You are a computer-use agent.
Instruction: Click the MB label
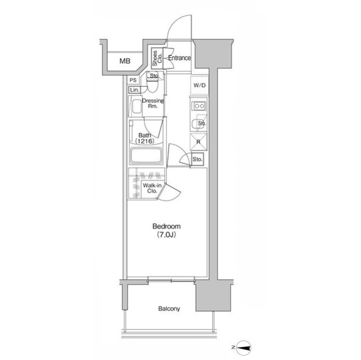pos(125,61)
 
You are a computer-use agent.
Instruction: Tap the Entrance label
pos(179,58)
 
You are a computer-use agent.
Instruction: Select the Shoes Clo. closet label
pos(157,58)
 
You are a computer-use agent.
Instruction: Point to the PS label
pos(133,80)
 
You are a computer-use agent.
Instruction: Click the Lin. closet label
pos(134,90)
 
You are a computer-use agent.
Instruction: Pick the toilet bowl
pos(152,83)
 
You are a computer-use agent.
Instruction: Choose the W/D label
pos(199,86)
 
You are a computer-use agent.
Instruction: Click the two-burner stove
pos(199,106)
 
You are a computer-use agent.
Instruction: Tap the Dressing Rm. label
pos(153,103)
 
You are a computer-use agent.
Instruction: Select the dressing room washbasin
pos(137,106)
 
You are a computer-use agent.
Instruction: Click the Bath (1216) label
pos(145,138)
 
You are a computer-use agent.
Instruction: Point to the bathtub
pos(146,155)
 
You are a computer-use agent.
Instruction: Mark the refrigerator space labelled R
pos(199,142)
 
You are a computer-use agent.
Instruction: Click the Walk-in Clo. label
pos(152,188)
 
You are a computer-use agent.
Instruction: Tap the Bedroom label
pos(166,226)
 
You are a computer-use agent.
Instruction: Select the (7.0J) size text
pos(166,235)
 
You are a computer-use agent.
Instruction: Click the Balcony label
pos(169,309)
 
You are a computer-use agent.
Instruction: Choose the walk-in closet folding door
pos(170,192)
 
